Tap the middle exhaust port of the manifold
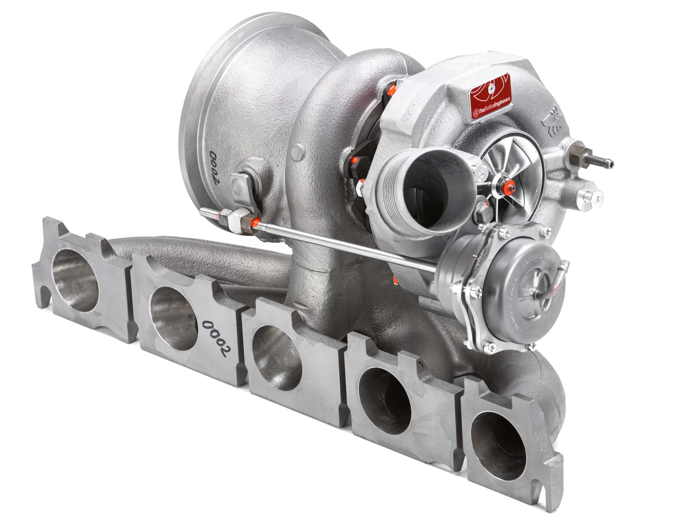coord(276,358)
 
